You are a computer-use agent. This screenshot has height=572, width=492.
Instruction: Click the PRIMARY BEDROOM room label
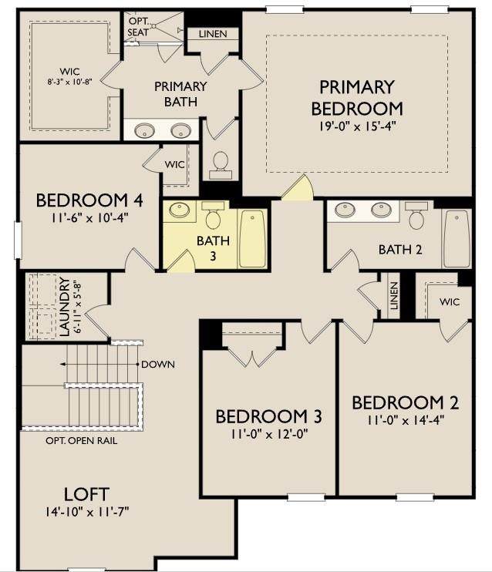[357, 98]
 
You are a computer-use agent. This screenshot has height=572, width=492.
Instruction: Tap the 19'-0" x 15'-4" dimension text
[357, 126]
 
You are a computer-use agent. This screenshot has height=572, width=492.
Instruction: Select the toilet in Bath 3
[212, 214]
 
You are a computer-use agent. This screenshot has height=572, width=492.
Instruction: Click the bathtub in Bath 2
[457, 239]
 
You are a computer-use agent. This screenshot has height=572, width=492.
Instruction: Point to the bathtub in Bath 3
[252, 239]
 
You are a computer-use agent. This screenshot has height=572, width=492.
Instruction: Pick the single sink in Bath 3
[180, 210]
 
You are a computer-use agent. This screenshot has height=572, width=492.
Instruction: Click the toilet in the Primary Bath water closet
[221, 165]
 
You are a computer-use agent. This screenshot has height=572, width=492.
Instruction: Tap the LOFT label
[86, 494]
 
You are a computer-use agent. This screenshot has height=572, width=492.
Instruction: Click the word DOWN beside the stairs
[158, 365]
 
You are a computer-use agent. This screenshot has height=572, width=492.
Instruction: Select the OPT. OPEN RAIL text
[82, 441]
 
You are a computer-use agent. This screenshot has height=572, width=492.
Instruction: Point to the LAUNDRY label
[64, 307]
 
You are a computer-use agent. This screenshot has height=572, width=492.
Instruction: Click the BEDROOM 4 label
[89, 200]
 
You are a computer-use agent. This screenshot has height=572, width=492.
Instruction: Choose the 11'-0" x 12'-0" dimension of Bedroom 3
[269, 435]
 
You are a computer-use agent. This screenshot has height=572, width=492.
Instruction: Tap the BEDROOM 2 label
[405, 402]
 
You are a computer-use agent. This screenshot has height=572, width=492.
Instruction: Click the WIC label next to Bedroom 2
[450, 302]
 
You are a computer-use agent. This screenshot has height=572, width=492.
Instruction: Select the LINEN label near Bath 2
[393, 296]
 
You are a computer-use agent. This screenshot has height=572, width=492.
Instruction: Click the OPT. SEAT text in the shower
[138, 27]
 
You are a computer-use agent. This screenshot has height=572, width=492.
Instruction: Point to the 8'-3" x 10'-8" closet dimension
[69, 82]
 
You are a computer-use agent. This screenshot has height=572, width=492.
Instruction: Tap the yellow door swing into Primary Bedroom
[298, 188]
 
